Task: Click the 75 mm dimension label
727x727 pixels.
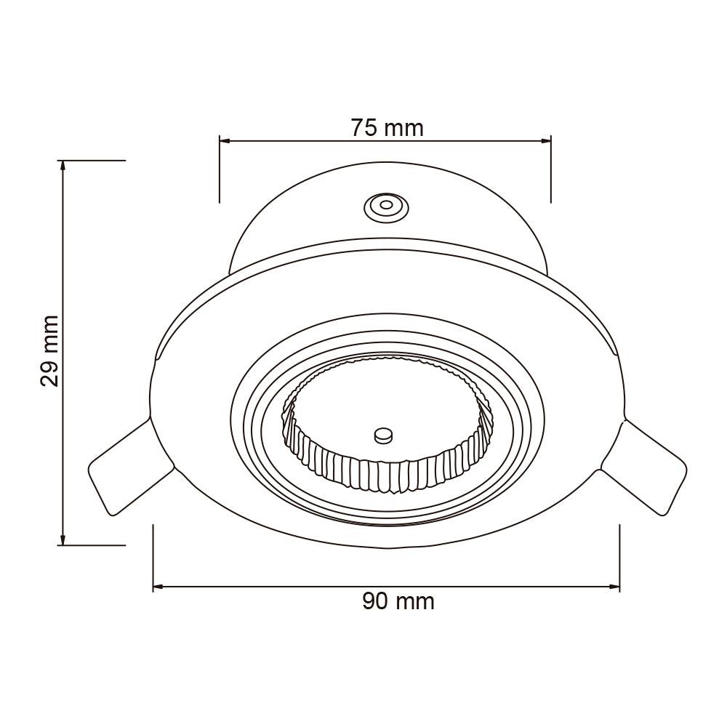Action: coord(387,128)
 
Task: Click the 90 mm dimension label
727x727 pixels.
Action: coord(398,601)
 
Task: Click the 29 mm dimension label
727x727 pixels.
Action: coord(49,351)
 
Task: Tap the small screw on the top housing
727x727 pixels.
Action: coord(386,206)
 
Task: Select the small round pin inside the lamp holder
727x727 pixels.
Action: coord(383,435)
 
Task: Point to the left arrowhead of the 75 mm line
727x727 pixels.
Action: coord(225,141)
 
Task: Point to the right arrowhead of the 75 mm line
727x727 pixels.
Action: coord(545,141)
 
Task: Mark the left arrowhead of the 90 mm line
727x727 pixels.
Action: coord(159,587)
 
